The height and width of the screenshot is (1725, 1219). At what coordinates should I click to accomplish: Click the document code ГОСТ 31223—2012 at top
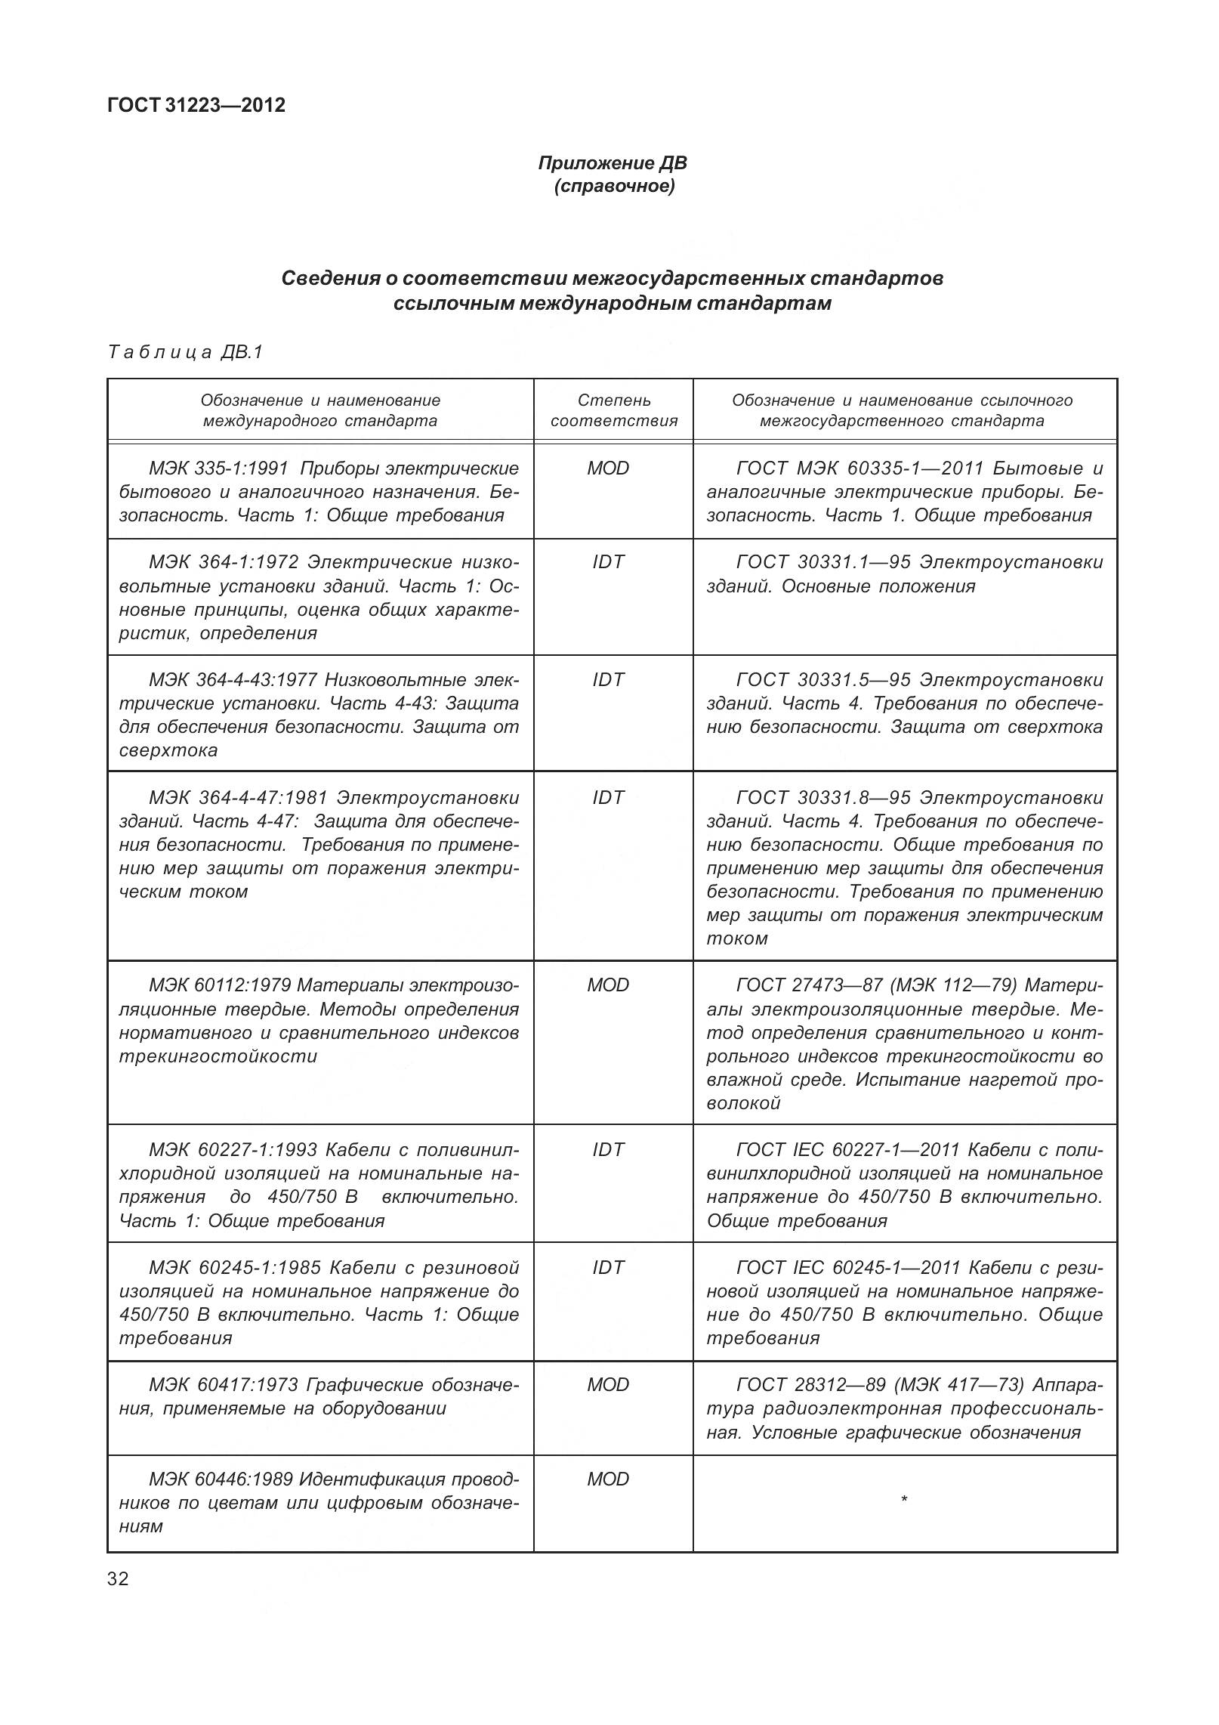click(x=196, y=105)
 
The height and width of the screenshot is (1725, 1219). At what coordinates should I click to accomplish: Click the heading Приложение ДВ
click(x=613, y=163)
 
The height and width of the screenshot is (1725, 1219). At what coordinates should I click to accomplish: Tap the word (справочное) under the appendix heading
click(x=613, y=186)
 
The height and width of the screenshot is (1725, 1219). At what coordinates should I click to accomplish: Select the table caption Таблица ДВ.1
click(x=186, y=352)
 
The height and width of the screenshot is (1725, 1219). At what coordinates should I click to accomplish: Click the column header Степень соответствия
click(x=613, y=410)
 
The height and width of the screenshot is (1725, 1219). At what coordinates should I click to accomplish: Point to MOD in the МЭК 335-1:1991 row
click(x=608, y=468)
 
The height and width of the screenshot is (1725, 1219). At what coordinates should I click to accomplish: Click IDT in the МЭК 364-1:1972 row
click(x=608, y=562)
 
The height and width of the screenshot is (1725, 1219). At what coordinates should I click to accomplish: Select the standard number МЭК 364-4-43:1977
click(x=233, y=680)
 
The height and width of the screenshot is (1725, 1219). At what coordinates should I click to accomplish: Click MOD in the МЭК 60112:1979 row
click(x=608, y=985)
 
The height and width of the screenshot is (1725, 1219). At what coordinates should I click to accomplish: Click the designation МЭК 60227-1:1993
click(x=233, y=1150)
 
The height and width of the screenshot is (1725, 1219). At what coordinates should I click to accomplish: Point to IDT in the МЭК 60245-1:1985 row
click(x=608, y=1268)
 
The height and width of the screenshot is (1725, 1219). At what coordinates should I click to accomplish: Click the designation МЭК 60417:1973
click(x=224, y=1385)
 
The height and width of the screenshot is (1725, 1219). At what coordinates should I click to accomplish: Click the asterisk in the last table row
click(x=904, y=1501)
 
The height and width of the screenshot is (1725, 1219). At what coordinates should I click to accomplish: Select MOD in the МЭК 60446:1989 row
click(x=608, y=1479)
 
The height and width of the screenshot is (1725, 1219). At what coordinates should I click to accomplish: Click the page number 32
click(x=119, y=1579)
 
